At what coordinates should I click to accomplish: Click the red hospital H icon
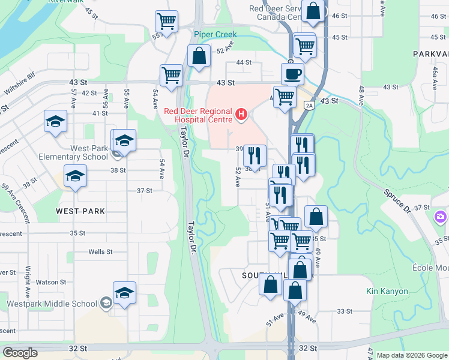click(x=241, y=113)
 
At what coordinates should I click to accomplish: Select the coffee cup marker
click(x=292, y=74)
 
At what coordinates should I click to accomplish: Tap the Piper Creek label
click(x=215, y=35)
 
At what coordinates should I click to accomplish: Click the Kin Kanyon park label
click(x=387, y=292)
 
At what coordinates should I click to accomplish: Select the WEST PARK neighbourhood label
click(x=80, y=211)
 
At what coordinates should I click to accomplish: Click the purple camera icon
click(x=441, y=216)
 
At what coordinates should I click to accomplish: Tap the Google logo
click(x=19, y=352)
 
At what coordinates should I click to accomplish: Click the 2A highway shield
click(x=309, y=106)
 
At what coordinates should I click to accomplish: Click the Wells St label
click(x=100, y=252)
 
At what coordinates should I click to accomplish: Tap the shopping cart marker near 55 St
click(x=166, y=21)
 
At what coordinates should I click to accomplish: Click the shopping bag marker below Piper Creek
click(x=199, y=56)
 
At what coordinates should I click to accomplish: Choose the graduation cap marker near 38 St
click(x=76, y=175)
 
